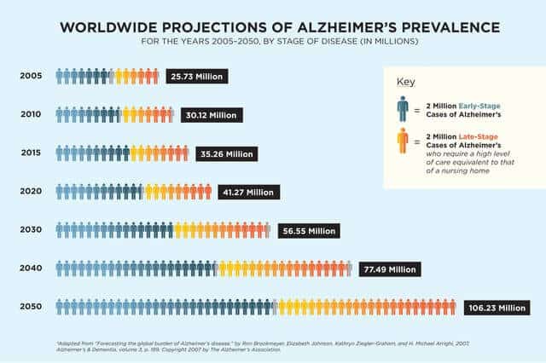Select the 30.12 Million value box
coord(212,115)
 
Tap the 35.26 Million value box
coord(226,154)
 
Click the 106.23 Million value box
coord(496,308)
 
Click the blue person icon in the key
coord(403,109)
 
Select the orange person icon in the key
coord(403,141)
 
